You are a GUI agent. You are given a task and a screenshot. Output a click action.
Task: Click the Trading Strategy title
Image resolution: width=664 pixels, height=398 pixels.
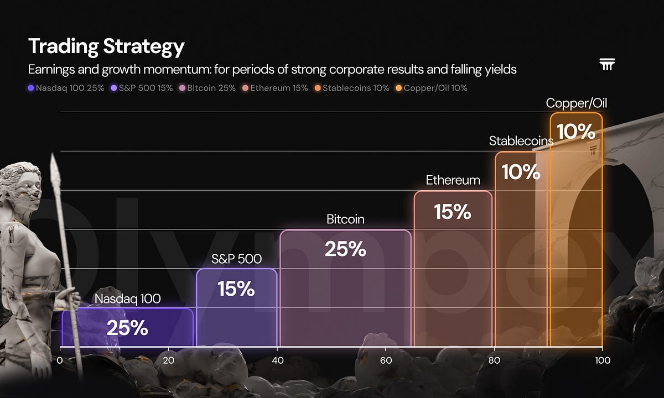106,47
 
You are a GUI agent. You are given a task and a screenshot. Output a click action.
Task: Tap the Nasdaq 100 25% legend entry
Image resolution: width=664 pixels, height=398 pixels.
66,88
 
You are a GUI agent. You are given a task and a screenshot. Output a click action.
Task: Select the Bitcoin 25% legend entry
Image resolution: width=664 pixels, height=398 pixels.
207,88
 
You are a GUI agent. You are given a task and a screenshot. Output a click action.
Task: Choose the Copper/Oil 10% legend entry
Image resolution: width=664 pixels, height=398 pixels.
431,88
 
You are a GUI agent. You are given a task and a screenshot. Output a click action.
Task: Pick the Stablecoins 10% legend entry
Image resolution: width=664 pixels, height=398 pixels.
352,88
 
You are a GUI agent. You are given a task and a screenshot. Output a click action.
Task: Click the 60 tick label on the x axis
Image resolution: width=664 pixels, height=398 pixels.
386,360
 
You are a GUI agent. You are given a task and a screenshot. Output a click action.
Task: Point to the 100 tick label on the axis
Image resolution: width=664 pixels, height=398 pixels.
603,360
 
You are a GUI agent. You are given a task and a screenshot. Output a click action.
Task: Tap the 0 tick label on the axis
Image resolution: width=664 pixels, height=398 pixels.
60,360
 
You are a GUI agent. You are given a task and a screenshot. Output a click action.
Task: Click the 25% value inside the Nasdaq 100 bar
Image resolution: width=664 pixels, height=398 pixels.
127,328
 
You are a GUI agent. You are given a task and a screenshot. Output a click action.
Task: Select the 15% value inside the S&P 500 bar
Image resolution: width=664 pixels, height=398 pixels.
236,289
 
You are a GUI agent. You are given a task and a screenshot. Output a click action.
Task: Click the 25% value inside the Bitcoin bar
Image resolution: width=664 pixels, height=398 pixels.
345,249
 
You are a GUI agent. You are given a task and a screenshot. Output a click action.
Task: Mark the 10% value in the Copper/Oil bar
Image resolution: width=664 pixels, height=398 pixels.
576,132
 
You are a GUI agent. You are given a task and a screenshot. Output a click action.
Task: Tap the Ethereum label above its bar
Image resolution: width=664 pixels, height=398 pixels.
453,180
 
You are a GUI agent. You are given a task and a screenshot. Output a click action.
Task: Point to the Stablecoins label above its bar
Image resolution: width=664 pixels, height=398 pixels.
521,141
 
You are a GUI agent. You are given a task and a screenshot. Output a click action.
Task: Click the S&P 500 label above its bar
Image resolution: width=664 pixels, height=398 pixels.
237,259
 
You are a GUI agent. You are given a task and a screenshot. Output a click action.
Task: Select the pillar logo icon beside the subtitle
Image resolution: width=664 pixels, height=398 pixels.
607,64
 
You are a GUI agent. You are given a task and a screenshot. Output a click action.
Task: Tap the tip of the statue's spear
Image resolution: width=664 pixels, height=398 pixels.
53,154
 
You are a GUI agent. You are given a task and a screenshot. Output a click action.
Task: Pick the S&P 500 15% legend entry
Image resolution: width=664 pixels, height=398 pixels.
142,88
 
